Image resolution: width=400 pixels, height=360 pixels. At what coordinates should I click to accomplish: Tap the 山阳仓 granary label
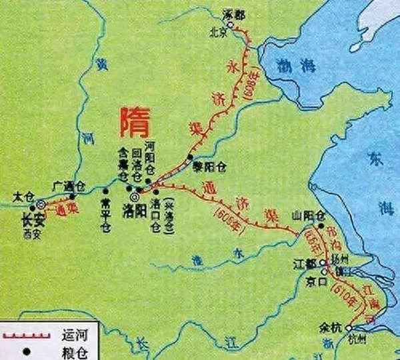click(x=307, y=215)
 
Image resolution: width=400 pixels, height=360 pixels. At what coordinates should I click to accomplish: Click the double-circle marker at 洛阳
click(x=135, y=197)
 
